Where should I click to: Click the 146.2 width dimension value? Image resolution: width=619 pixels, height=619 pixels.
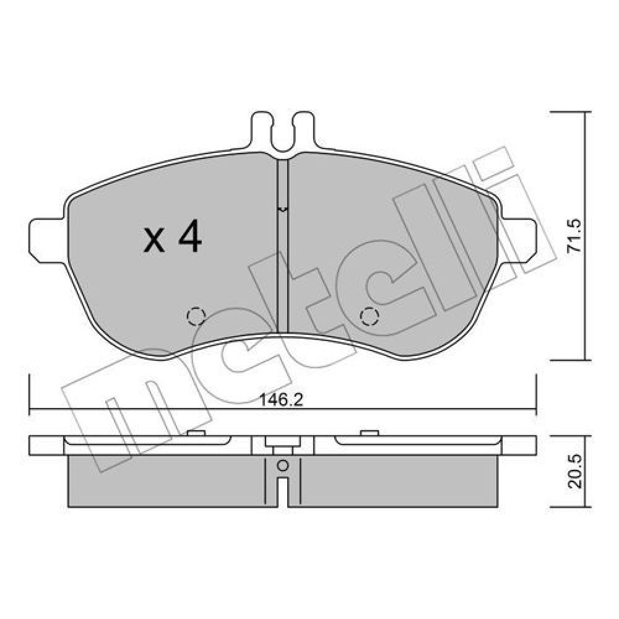pos(281,400)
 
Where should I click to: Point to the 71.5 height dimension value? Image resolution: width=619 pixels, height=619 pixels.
pos(574,236)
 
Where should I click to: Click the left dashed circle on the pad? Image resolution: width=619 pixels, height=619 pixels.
pos(196,316)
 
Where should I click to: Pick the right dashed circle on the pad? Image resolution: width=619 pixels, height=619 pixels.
pos(370,316)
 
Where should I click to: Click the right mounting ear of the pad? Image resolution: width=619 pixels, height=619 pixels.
pos(518,239)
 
